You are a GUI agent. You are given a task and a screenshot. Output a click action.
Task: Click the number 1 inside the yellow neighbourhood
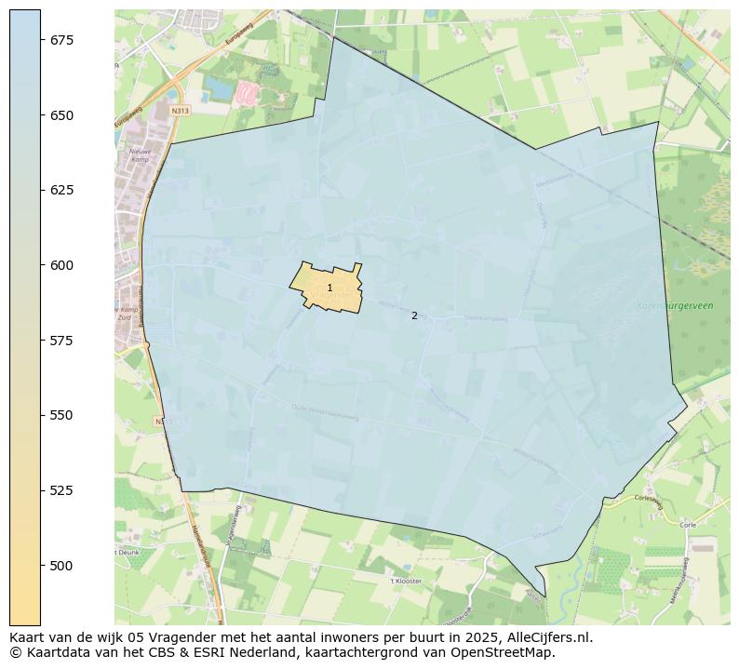(329, 288)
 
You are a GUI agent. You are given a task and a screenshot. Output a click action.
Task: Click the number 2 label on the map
(414, 315)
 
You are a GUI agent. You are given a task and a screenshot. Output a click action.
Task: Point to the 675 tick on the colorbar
(61, 40)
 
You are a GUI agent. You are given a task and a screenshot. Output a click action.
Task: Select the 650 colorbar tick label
(61, 115)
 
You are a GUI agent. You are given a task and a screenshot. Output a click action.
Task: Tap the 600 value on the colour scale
(61, 265)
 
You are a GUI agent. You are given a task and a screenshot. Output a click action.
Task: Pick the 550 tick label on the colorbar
(61, 415)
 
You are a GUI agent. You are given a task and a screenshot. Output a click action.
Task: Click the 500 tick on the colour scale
(61, 566)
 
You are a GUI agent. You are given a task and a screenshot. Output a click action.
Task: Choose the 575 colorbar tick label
(61, 341)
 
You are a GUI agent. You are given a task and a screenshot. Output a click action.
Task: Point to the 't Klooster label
(406, 581)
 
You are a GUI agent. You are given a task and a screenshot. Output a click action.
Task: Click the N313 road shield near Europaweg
(181, 111)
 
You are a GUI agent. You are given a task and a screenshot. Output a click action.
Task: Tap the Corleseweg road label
(646, 499)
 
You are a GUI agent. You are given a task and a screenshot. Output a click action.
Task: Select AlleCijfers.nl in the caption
(545, 638)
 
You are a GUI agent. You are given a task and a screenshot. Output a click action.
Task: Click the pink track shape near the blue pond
(247, 93)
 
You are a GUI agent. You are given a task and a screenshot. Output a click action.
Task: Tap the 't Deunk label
(127, 552)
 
